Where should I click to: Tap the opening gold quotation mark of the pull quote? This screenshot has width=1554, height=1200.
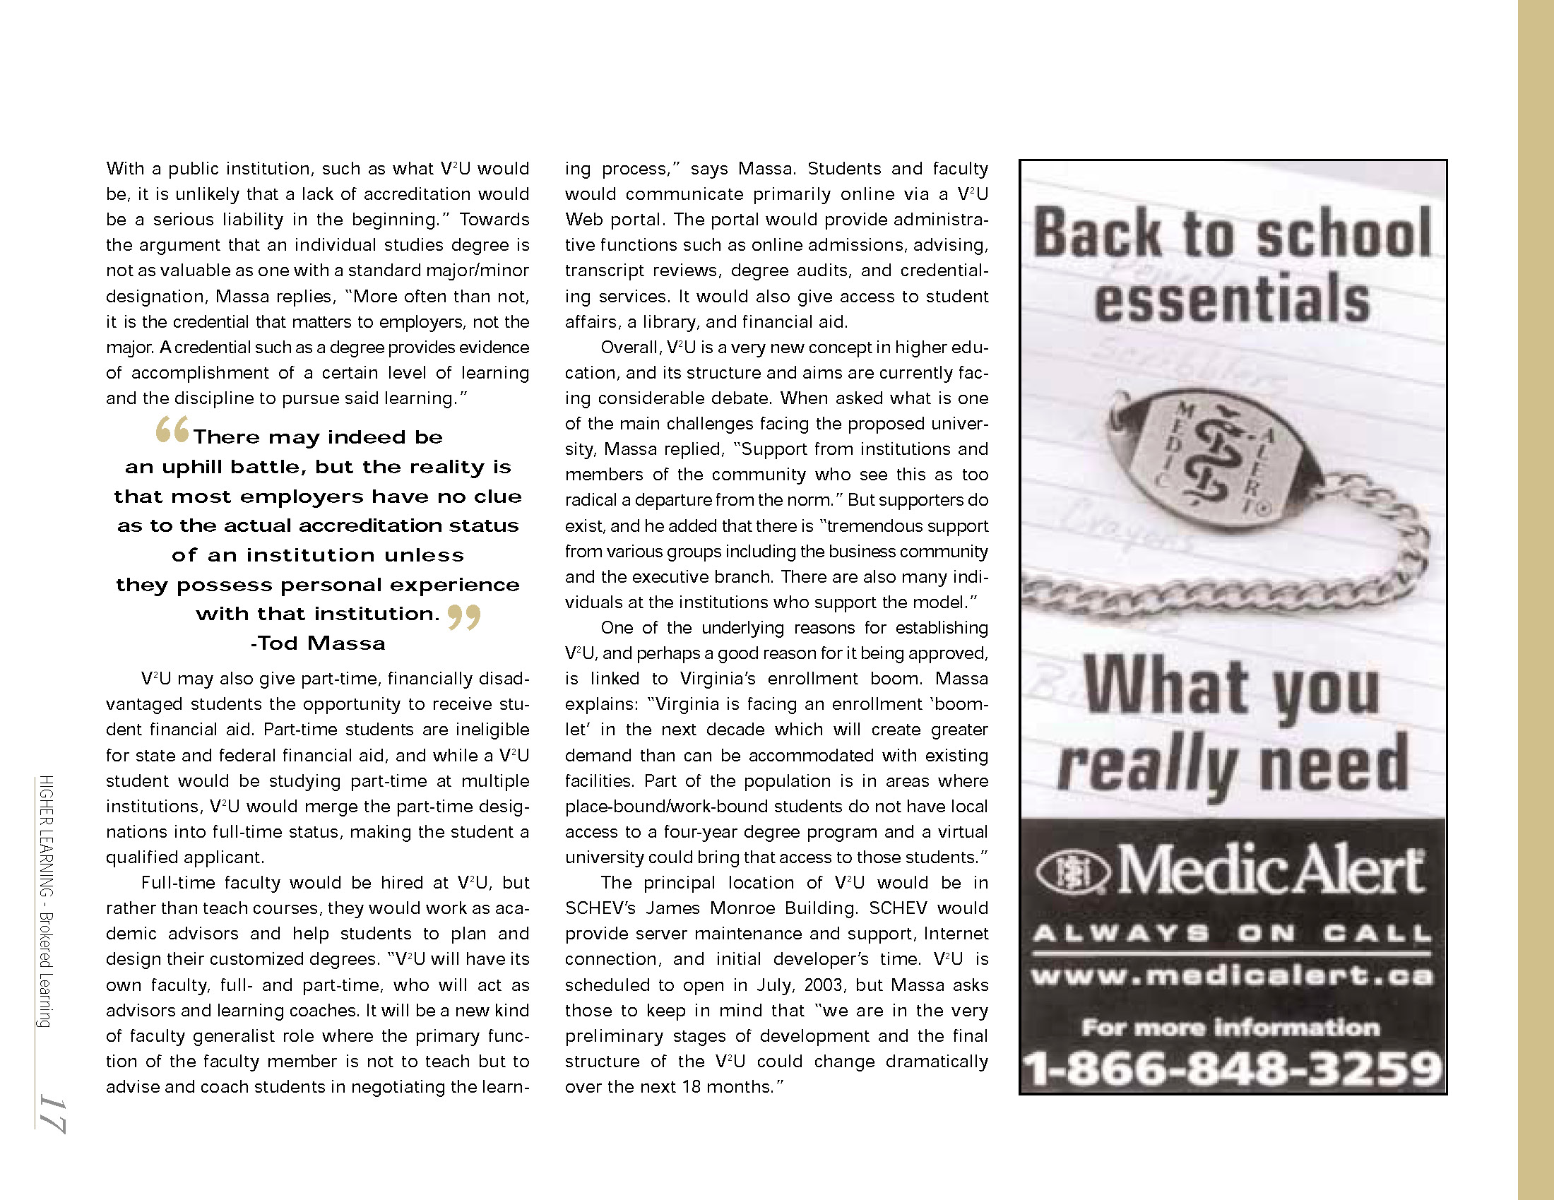tap(172, 429)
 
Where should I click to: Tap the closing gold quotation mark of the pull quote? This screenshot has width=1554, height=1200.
tap(464, 617)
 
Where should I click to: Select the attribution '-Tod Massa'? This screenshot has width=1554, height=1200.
tap(317, 643)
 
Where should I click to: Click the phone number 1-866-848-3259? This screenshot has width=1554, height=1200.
tap(1233, 1069)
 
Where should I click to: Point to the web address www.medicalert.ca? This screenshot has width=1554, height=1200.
tap(1233, 975)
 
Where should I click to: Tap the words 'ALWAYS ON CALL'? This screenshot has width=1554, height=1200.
tap(1233, 932)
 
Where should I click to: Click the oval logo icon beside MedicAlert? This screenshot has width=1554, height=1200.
tap(1072, 872)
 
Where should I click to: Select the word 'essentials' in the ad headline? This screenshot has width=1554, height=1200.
tap(1233, 299)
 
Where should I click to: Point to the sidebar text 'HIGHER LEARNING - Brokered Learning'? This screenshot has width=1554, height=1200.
tap(46, 901)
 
